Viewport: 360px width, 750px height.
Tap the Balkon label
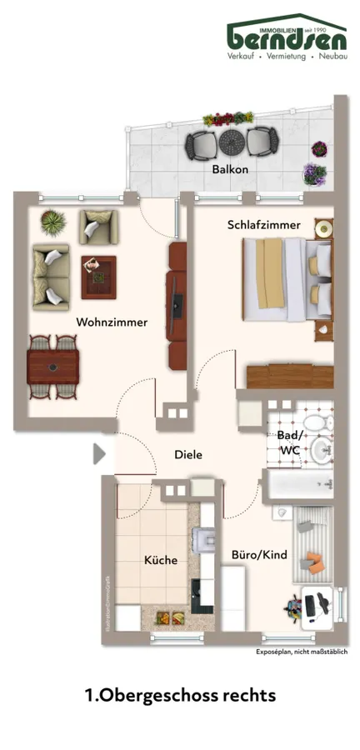coord(230,169)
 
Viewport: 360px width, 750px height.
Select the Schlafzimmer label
coord(257,225)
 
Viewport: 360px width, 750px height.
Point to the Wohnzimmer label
coord(112,322)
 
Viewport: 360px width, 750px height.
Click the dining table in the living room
coord(53,365)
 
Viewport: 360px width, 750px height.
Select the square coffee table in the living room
coord(97,276)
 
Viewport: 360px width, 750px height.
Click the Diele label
coord(188,454)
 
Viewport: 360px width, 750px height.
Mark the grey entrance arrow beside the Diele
coord(98,454)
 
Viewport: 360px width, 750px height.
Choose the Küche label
coord(160,560)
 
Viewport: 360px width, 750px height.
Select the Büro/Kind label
coord(259,554)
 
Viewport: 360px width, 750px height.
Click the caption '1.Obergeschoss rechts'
coord(179,694)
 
